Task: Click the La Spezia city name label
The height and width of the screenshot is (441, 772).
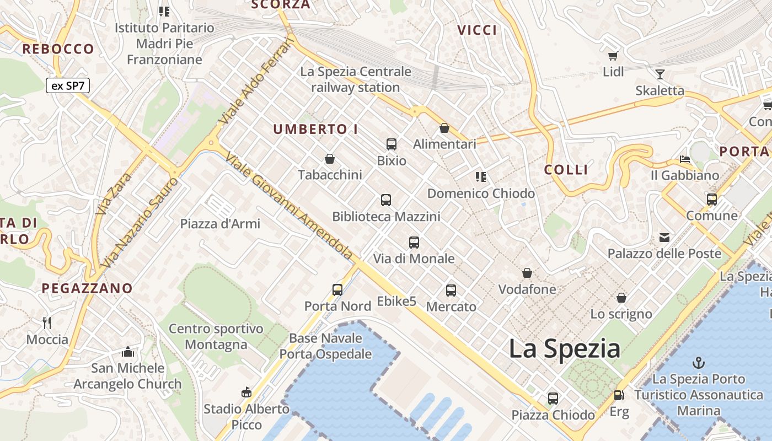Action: [x=564, y=349]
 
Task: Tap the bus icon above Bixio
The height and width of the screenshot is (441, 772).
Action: [x=392, y=144]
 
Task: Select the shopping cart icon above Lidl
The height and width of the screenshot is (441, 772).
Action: [x=613, y=56]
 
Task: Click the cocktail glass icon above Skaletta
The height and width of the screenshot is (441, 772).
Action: [x=660, y=74]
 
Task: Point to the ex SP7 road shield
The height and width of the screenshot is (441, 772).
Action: [x=67, y=85]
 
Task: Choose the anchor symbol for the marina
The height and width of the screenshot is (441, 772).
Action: [x=699, y=363]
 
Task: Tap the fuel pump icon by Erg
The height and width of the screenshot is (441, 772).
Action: [x=619, y=395]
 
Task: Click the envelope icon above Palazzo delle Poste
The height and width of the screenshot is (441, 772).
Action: [x=664, y=238]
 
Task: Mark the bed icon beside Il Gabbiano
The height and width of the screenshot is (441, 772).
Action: [x=685, y=159]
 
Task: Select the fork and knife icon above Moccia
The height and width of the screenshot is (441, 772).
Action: [x=47, y=322]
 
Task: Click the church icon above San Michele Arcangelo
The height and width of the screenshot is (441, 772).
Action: [x=128, y=351]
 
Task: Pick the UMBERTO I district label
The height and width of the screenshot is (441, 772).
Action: [x=316, y=130]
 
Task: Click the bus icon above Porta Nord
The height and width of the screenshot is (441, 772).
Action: [x=337, y=289]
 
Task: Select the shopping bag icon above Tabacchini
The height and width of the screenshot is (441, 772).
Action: [x=330, y=159]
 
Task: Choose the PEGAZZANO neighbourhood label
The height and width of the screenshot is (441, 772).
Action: [x=87, y=288]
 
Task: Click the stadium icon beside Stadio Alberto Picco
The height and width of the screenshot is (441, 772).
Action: [x=246, y=392]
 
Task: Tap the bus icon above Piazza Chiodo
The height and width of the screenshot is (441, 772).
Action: [x=553, y=398]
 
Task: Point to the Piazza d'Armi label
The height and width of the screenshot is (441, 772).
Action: [x=220, y=224]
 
